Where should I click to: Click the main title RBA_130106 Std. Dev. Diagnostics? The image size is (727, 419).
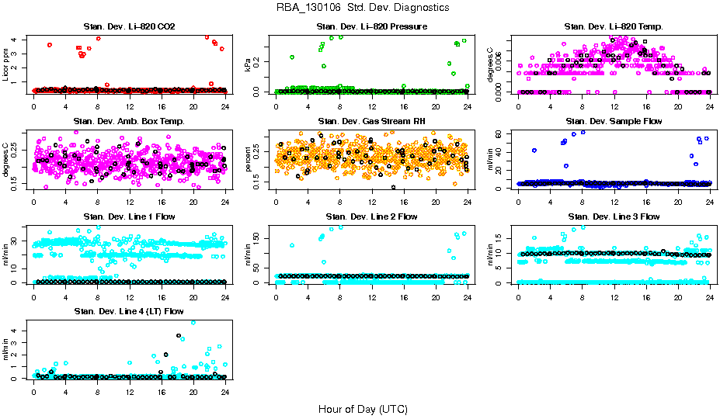[x=363, y=8]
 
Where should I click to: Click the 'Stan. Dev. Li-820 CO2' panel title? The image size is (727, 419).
[x=129, y=27]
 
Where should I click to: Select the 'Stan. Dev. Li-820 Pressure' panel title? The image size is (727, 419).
[x=371, y=27]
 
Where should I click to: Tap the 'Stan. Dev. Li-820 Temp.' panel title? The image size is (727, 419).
[x=614, y=27]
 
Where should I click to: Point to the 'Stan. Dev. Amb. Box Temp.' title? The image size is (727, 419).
[x=129, y=122]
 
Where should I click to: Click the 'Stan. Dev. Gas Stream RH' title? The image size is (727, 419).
[x=371, y=122]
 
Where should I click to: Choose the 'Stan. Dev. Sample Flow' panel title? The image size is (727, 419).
[x=614, y=122]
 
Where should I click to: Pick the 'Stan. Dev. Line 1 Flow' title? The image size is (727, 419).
[x=129, y=216]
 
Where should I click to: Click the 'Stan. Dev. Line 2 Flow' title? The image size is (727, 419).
[x=371, y=216]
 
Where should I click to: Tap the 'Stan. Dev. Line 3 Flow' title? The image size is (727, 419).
[x=614, y=216]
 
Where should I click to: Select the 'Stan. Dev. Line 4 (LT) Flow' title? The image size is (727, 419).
[x=129, y=311]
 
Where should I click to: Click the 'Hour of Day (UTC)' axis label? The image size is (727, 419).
[x=363, y=409]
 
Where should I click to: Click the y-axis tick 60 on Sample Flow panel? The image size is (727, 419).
[x=506, y=134]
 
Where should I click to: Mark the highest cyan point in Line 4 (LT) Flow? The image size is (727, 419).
[x=193, y=322]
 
